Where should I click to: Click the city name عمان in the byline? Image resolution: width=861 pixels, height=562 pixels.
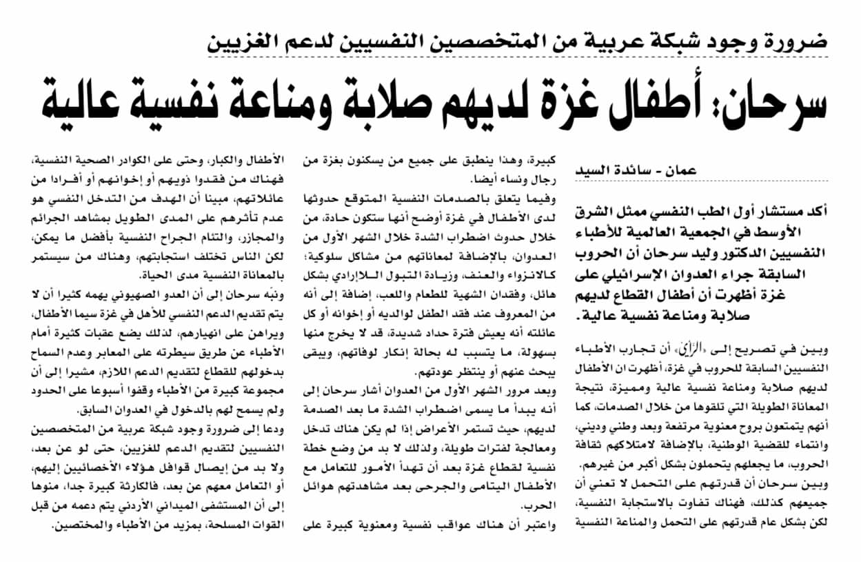click(679, 170)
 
